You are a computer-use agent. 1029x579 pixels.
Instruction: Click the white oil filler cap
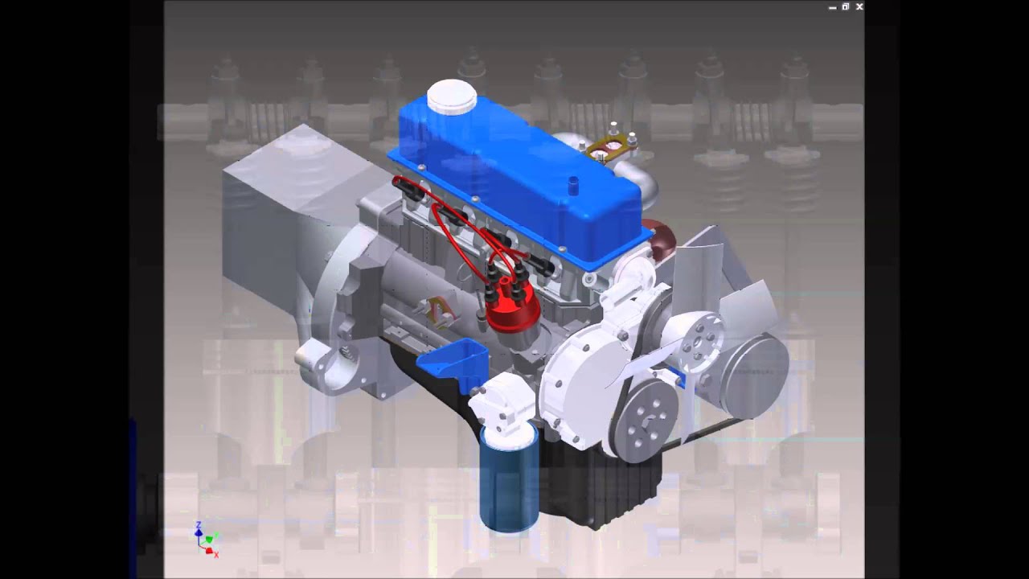click(x=452, y=97)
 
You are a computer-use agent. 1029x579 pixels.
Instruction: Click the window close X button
click(x=859, y=7)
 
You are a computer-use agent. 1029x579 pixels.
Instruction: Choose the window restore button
click(x=846, y=7)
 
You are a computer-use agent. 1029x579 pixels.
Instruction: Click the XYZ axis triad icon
click(x=206, y=540)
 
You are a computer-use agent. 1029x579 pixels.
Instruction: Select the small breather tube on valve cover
click(x=573, y=186)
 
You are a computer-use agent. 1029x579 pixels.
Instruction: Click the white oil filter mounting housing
click(x=500, y=402)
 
